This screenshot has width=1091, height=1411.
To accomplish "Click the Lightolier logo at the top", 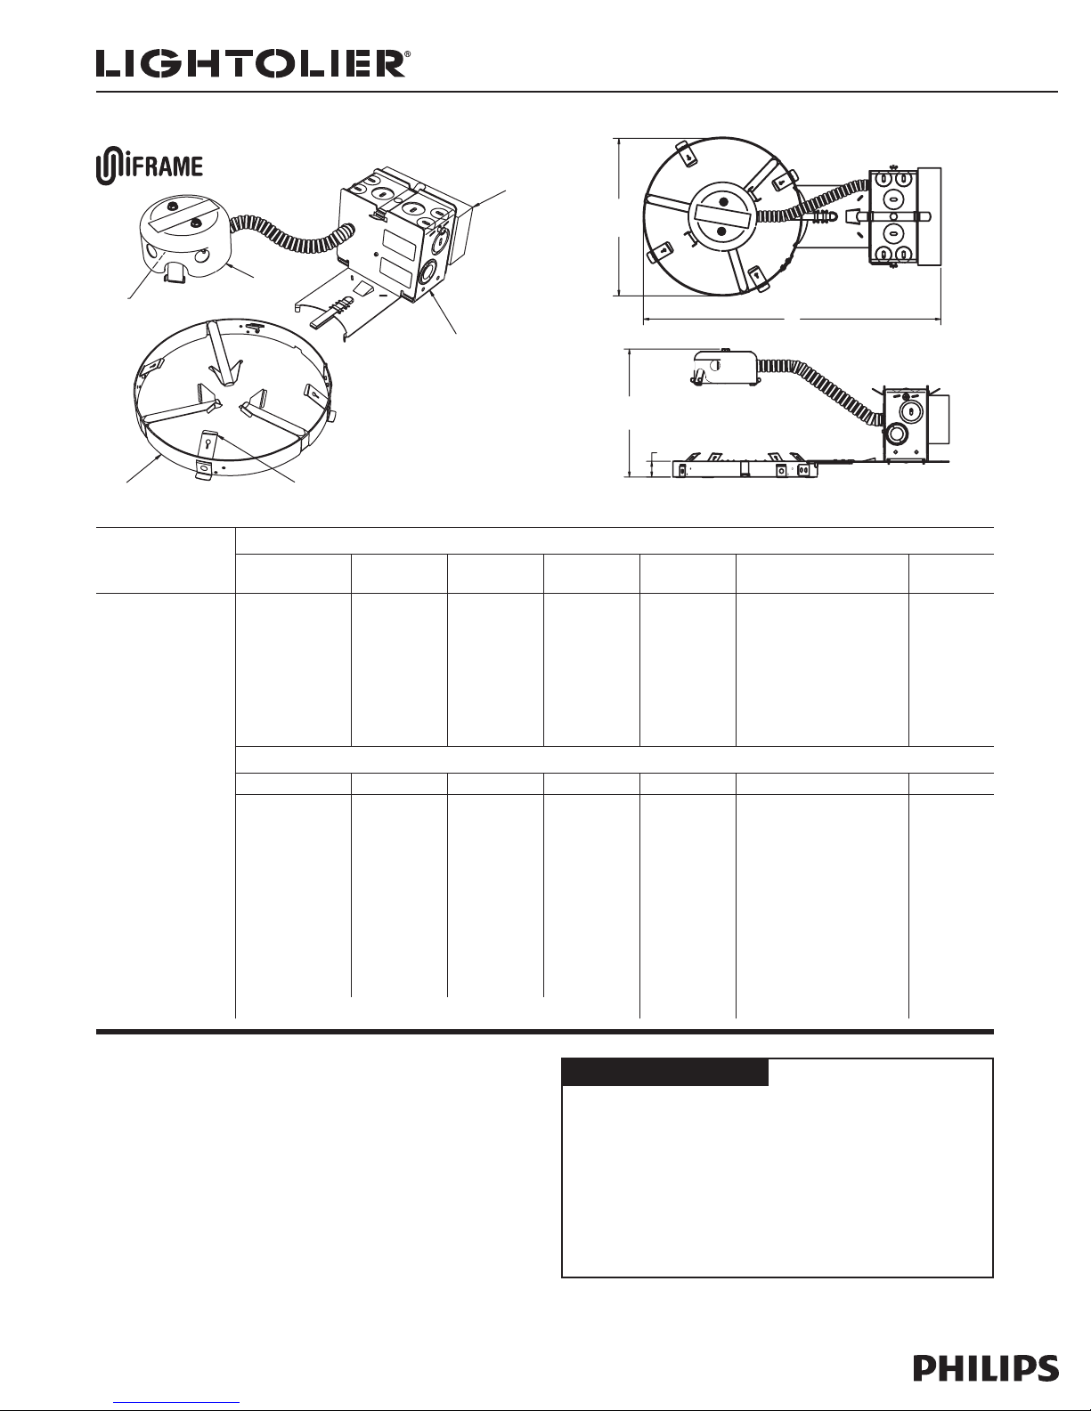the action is point(251,65).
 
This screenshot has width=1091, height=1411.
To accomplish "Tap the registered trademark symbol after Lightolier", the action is point(408,55).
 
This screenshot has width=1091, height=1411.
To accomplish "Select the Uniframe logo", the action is point(150,166).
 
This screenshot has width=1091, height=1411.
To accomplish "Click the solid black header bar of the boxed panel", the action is point(665,1072).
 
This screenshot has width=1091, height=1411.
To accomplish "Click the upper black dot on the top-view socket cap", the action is point(722,203).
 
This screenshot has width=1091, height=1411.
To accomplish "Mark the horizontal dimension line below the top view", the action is point(792,320).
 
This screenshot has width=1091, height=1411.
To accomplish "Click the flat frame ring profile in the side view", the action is point(745,469).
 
